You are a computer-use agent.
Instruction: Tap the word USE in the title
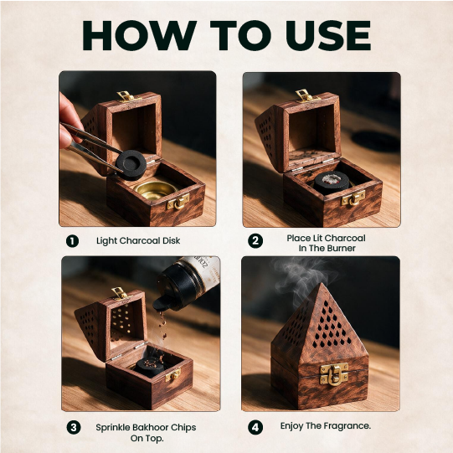(328, 35)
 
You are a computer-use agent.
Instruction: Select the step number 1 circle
(72, 241)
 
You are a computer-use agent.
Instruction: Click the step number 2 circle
(255, 241)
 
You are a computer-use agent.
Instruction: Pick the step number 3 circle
(74, 427)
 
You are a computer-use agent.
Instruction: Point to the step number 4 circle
(255, 427)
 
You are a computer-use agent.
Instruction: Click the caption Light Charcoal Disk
(138, 240)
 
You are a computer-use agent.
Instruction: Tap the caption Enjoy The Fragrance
(326, 426)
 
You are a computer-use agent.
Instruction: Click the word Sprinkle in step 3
(113, 428)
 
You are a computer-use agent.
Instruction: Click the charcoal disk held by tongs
(131, 165)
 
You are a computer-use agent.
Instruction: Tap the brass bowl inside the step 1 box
(155, 191)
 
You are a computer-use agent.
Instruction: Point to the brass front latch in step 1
(178, 202)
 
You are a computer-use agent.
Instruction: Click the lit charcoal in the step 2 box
(332, 183)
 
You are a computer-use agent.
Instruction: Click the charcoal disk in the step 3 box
(150, 367)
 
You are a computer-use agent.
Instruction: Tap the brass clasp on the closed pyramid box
(334, 374)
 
